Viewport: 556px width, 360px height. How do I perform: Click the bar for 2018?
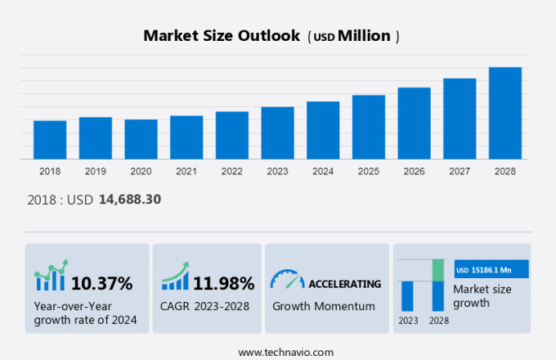[x=50, y=140]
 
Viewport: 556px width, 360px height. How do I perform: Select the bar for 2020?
[x=141, y=139]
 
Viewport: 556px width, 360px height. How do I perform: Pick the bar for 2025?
[x=368, y=127]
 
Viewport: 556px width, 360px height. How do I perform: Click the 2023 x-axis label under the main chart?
[x=277, y=171]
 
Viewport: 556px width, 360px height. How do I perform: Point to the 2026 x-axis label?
[x=414, y=171]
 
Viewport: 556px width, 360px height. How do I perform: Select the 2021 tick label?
[x=186, y=171]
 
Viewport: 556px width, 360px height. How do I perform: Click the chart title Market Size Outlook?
[x=221, y=36]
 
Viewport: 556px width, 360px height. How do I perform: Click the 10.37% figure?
[x=101, y=284]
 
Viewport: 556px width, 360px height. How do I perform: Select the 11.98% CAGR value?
[x=223, y=284]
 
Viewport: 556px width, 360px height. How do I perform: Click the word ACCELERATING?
[x=344, y=284]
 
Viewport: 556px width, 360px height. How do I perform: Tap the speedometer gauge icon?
[x=287, y=281]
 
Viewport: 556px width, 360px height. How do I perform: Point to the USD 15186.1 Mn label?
[x=491, y=269]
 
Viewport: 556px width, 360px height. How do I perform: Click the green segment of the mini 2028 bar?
[x=437, y=270]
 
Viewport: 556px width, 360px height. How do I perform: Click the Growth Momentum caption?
[x=323, y=306]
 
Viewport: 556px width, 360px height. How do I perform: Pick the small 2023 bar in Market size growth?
[x=407, y=296]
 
